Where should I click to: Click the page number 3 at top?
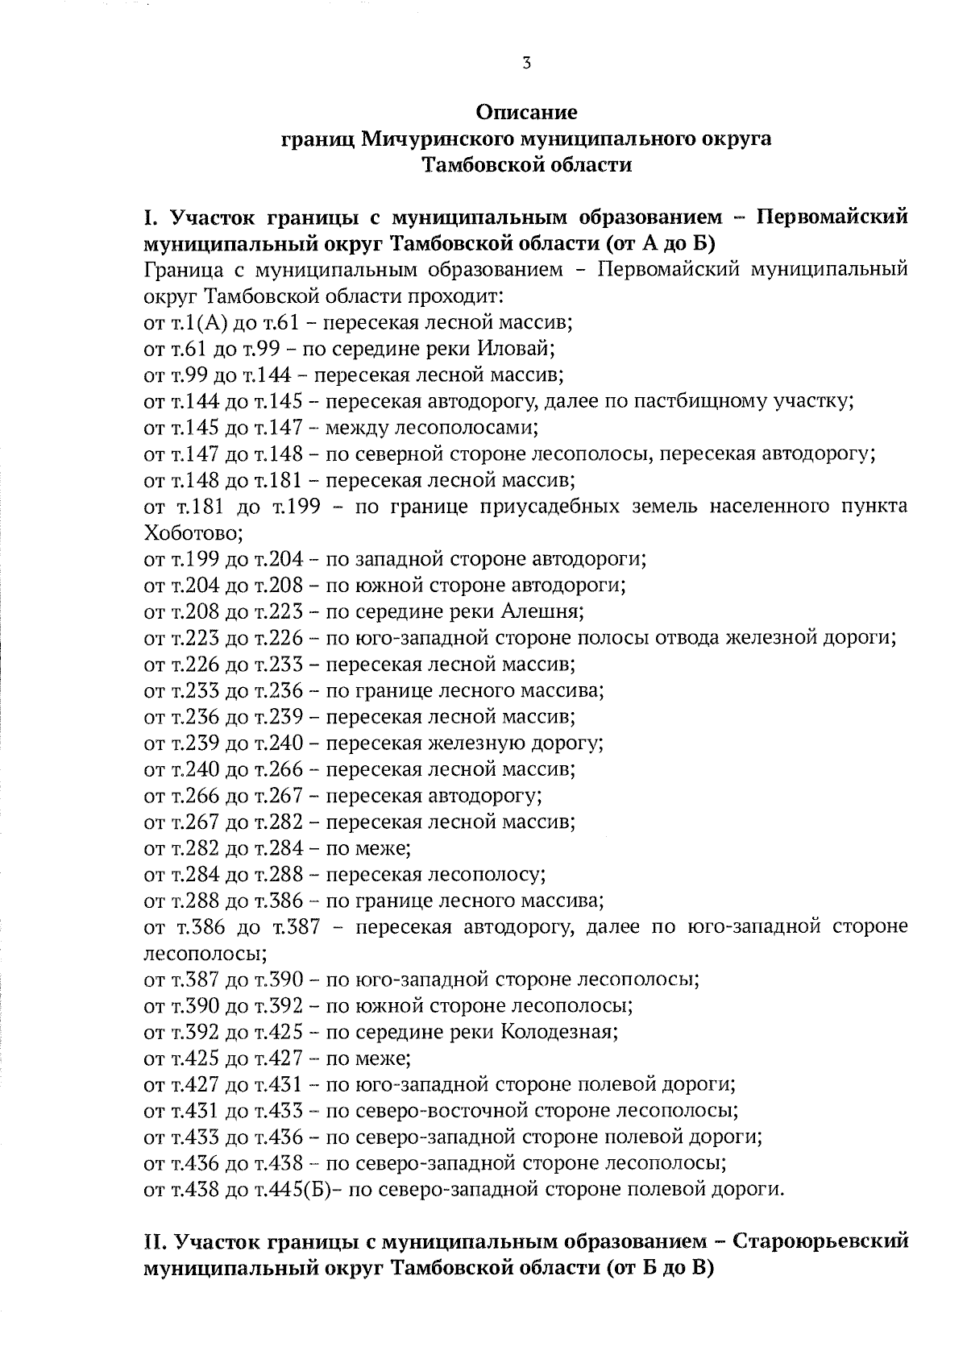[526, 63]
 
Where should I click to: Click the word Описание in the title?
[526, 111]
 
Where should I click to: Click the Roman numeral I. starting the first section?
[148, 217]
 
